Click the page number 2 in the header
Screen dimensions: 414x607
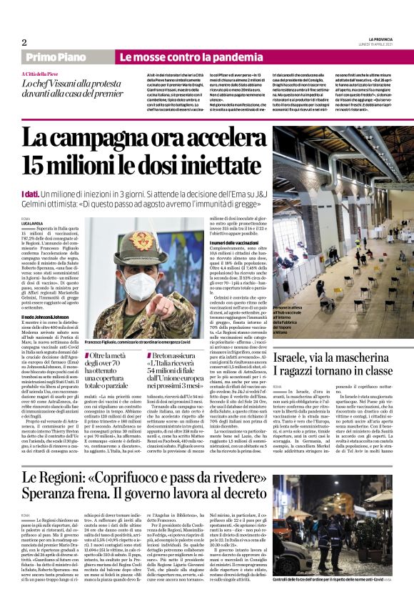[x=24, y=42]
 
